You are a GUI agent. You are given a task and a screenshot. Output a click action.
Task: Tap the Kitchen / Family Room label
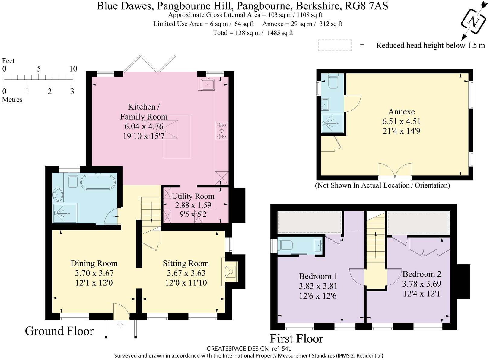[144, 111]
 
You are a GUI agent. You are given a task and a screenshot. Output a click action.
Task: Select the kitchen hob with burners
[221, 131]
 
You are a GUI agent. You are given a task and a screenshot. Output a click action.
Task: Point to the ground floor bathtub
[98, 182]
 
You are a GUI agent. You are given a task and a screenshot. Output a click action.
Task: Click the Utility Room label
[193, 196]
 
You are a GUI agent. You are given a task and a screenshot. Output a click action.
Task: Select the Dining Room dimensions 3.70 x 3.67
[94, 273]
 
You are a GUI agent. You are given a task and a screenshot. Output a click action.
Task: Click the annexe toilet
[333, 82]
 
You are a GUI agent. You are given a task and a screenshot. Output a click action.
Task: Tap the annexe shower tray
[332, 123]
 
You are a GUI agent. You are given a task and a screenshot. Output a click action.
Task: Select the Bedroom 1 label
[318, 276]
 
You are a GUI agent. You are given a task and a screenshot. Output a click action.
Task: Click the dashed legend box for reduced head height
[335, 45]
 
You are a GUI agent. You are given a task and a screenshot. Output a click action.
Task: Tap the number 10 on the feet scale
[73, 69]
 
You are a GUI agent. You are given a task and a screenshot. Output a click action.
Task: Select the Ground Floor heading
[59, 331]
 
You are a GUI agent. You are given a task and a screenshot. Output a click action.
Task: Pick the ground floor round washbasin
[58, 195]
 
